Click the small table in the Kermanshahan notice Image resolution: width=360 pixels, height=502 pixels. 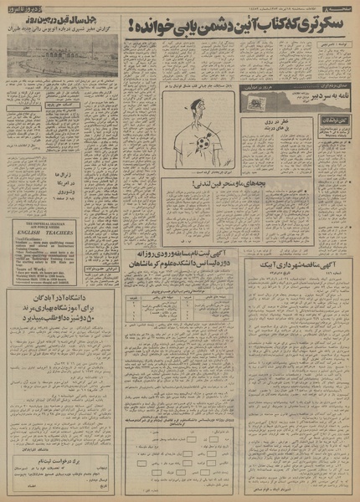[x=180, y=320]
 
